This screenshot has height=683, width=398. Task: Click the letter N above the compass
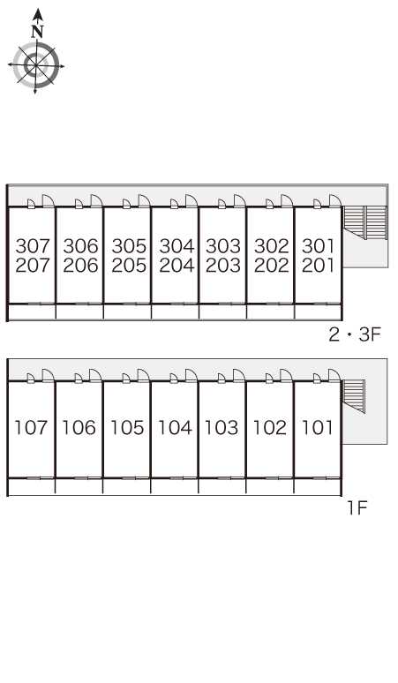pos(38,32)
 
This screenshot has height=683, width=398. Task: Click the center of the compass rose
pos(35,65)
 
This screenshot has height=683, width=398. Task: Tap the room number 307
pos(33,246)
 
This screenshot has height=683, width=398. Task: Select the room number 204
pos(176,266)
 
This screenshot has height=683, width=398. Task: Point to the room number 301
pos(319,246)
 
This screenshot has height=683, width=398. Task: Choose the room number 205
pos(129,266)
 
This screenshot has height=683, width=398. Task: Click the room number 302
pos(271,246)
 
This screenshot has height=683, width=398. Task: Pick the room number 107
pos(31,428)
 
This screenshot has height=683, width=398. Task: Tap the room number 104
pos(175,428)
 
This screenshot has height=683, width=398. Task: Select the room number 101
pos(317,428)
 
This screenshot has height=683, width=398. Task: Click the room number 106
pos(79,428)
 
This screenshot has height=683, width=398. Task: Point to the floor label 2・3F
pos(355,335)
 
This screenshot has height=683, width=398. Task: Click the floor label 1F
pos(357,508)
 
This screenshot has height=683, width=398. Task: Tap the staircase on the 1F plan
pos(353,396)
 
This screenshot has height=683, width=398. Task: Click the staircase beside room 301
pos(364,222)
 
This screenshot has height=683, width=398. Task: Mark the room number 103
pos(222,428)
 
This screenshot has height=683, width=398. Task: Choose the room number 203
pos(223,266)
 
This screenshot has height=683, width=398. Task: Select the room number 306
pos(80,246)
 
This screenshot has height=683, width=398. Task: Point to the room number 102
pos(270,428)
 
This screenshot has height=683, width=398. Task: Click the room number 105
pos(127,428)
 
